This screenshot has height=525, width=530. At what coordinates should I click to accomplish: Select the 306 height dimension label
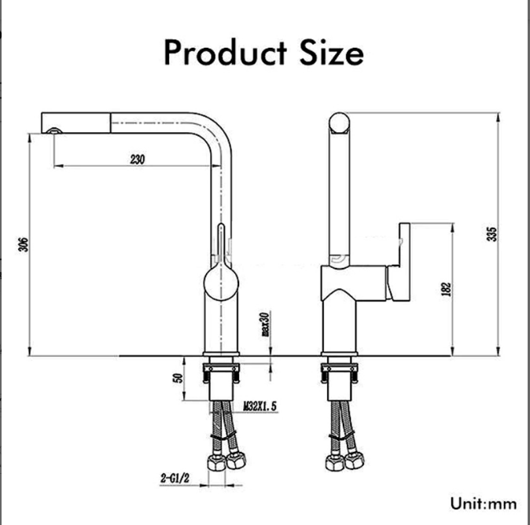[23, 244]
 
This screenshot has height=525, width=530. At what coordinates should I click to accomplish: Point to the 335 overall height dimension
[493, 234]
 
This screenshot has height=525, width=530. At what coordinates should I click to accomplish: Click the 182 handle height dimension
[447, 288]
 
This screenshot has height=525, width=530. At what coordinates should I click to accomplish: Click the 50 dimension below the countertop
[179, 377]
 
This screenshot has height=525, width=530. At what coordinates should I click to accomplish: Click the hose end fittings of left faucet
[223, 461]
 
